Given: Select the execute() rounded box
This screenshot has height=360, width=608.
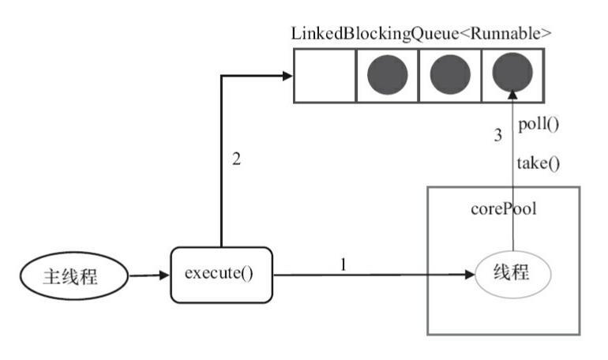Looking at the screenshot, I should [x=220, y=275].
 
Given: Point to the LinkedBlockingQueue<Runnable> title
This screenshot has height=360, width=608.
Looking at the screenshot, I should [x=420, y=34].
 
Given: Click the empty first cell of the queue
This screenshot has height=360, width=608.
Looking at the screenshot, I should [x=325, y=76].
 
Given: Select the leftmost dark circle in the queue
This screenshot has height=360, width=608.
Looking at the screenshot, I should [x=388, y=76].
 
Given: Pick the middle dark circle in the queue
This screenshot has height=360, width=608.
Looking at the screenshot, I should [x=450, y=76].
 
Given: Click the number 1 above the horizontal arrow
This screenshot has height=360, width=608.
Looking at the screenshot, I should [x=343, y=264].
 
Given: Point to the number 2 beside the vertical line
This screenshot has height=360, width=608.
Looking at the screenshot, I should [x=236, y=159].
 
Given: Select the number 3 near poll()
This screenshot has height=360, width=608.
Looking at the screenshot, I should [x=497, y=135].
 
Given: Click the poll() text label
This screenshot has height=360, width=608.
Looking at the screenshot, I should [x=539, y=125].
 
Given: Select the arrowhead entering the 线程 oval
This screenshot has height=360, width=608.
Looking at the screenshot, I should [x=471, y=276].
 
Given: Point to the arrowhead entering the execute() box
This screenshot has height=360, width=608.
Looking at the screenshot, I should [x=166, y=276].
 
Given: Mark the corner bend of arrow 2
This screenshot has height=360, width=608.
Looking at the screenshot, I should [x=221, y=76].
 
